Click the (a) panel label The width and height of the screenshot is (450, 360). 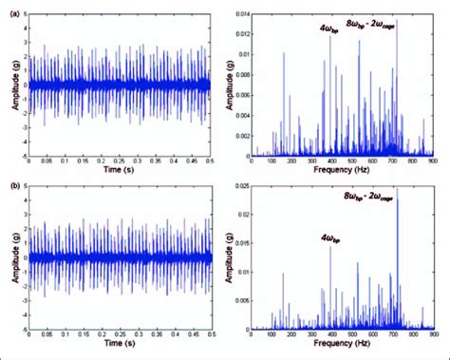(x=9, y=7)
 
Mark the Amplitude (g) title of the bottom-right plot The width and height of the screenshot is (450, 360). (x=229, y=258)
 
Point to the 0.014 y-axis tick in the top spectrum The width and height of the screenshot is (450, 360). (x=240, y=9)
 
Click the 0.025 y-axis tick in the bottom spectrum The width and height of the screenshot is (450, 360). (x=240, y=186)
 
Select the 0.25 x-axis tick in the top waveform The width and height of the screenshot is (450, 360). (x=120, y=163)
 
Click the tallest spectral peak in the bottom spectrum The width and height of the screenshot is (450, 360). (x=397, y=190)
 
